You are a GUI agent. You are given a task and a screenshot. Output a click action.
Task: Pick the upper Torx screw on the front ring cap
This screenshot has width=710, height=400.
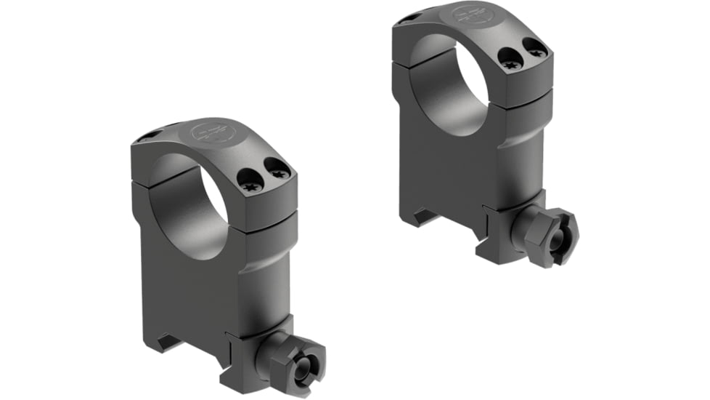(x=277, y=171)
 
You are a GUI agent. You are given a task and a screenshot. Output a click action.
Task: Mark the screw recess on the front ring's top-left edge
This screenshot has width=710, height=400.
(x=149, y=134)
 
